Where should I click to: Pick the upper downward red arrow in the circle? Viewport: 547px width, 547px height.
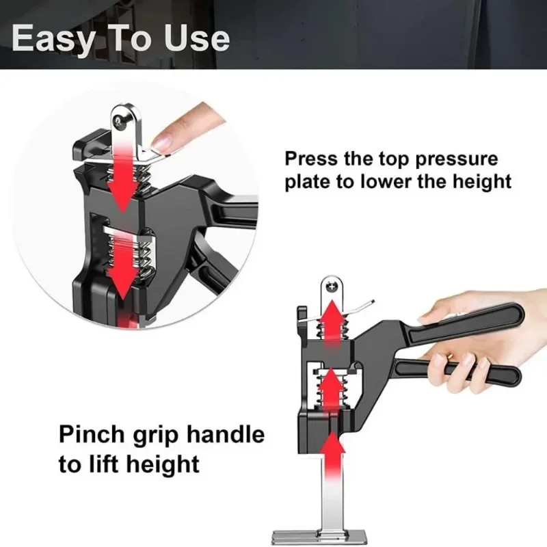[x=123, y=174]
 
